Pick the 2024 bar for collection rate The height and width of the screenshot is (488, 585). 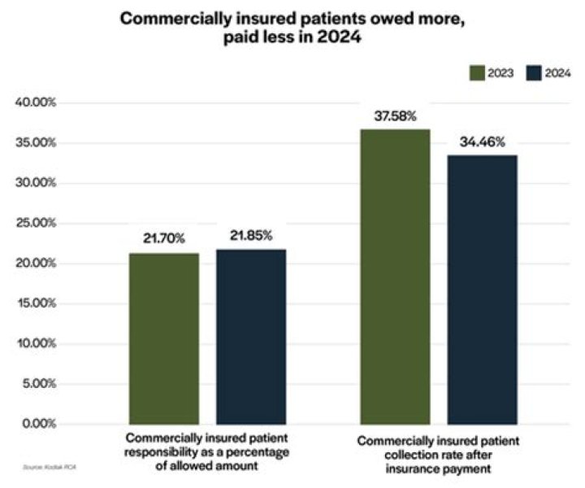tap(483, 290)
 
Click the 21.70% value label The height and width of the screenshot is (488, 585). tap(165, 239)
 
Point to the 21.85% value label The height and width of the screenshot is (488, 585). tap(250, 236)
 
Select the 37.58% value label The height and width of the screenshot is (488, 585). tap(396, 116)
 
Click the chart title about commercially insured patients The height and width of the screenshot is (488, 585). tap(292, 28)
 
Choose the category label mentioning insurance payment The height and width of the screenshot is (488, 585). tap(439, 455)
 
